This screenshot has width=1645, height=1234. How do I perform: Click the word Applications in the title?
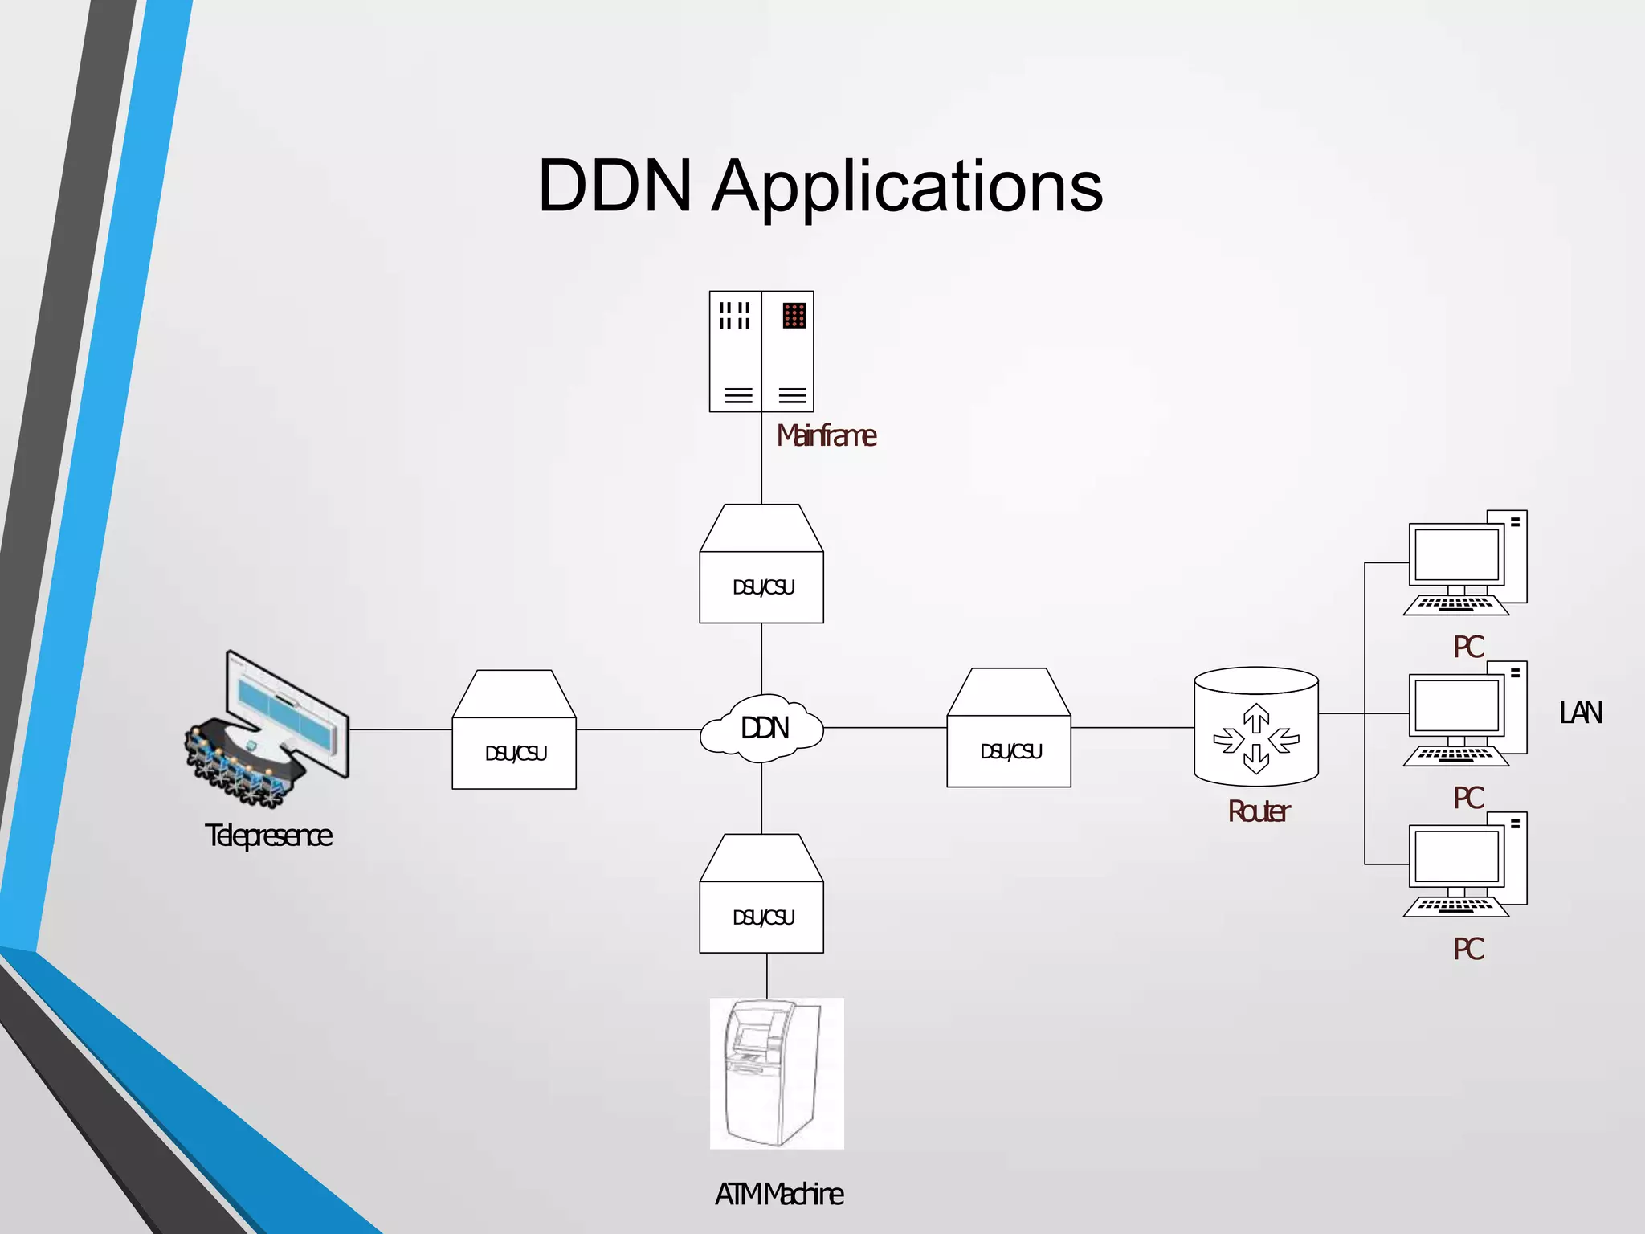coord(908,187)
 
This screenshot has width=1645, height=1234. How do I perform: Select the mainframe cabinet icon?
coord(761,351)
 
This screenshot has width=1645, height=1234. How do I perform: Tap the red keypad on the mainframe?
coord(794,316)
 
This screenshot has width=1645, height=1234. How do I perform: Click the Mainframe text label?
coord(826,435)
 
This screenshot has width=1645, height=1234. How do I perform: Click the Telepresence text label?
coord(268,836)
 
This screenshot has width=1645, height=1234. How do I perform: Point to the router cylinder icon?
coord(1255,728)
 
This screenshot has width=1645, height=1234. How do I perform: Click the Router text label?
coord(1258,811)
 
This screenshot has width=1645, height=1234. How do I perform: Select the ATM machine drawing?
coord(776,1073)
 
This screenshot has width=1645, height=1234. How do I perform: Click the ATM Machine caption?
coord(778,1194)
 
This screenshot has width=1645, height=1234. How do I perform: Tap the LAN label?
coord(1580,713)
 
